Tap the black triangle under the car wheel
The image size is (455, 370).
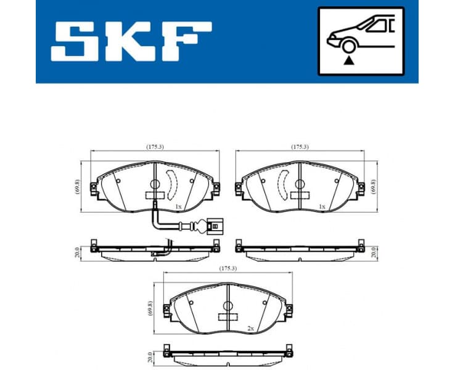[350, 60]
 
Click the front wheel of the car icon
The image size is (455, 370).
[349, 46]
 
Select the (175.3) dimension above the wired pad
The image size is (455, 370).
[155, 147]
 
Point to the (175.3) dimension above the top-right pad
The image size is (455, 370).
[300, 147]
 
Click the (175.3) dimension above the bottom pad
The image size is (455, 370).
[227, 268]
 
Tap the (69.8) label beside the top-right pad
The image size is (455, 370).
[373, 186]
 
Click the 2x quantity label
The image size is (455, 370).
[251, 328]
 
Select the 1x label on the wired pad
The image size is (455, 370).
[178, 206]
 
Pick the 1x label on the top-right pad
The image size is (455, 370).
[322, 206]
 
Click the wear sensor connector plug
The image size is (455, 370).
[213, 226]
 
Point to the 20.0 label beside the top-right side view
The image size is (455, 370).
[374, 252]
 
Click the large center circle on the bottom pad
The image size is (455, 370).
[227, 306]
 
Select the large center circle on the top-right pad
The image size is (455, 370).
[300, 183]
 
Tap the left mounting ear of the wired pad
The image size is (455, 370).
[93, 187]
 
